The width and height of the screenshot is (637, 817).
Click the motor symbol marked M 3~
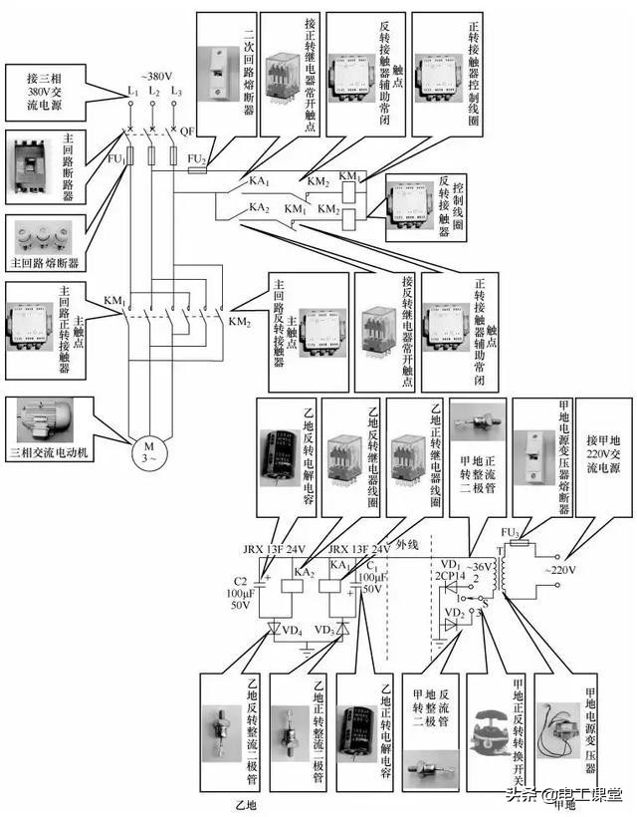click(x=147, y=450)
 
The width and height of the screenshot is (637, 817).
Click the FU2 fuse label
click(x=197, y=159)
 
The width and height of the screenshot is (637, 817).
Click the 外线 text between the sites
click(x=405, y=546)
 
